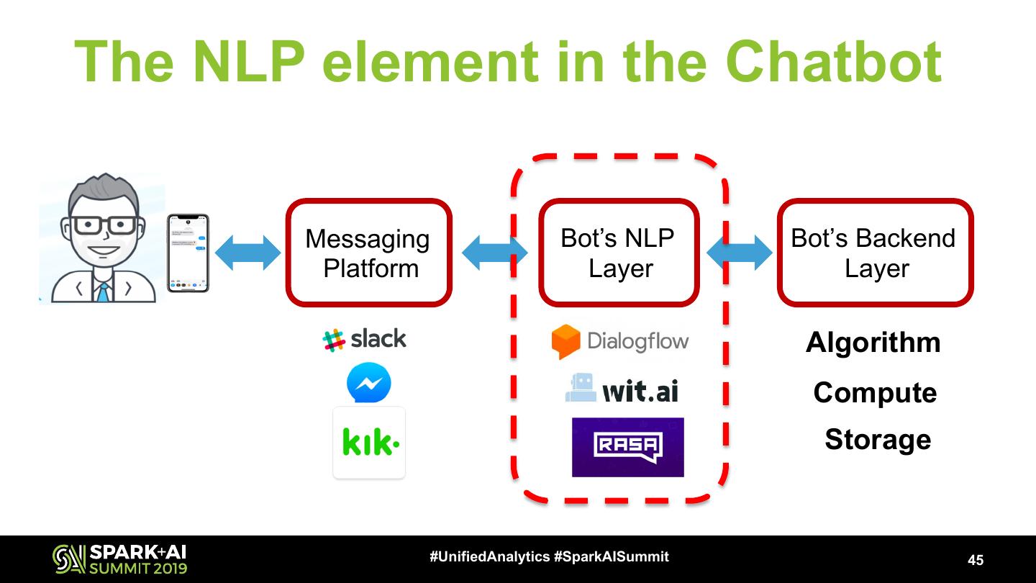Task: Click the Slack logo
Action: point(365,339)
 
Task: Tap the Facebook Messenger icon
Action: point(369,383)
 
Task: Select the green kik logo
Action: point(370,443)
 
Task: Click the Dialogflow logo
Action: point(620,341)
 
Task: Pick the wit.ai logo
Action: point(622,389)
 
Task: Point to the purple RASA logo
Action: point(627,447)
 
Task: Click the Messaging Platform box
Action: point(369,253)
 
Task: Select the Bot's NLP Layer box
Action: point(619,253)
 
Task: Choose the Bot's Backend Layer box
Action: point(875,253)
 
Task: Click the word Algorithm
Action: point(873,343)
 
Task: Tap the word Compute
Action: point(875,393)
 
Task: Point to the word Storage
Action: point(878,439)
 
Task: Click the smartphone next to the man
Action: point(188,253)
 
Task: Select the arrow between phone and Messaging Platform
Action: point(247,253)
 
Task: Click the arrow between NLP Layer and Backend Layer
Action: point(740,253)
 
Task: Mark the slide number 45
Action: point(976,560)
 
